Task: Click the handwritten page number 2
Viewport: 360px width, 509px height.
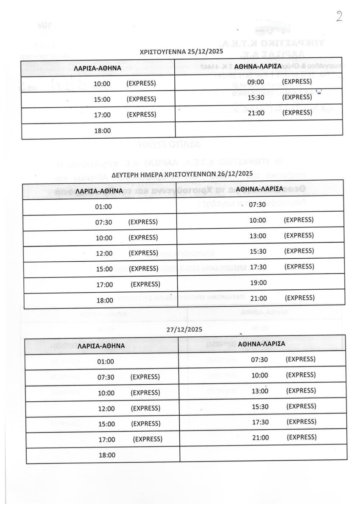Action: tap(339, 16)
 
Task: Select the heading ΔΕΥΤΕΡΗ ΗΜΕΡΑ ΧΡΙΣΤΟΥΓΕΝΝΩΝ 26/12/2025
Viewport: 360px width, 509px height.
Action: tap(182, 174)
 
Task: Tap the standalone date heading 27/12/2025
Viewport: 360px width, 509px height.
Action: tap(184, 329)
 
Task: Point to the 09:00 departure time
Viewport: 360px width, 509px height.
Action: tap(256, 81)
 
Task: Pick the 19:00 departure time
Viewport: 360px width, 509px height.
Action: tap(258, 282)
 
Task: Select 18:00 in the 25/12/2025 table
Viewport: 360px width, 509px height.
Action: tap(102, 131)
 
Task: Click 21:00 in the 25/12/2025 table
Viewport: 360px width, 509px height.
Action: tap(256, 113)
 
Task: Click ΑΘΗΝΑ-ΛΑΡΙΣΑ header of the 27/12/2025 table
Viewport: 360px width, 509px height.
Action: tap(261, 344)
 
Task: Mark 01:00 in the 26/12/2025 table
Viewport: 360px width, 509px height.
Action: tap(104, 207)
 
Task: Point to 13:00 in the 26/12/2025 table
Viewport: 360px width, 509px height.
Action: tap(258, 236)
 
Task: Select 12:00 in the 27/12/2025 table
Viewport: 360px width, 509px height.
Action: tap(106, 408)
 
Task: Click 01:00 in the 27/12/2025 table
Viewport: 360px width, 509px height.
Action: tap(106, 362)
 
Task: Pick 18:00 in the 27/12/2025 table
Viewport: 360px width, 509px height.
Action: tap(106, 455)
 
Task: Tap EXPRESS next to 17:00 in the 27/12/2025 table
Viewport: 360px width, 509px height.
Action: tap(147, 439)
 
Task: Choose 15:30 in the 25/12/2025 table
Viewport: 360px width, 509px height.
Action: tap(256, 98)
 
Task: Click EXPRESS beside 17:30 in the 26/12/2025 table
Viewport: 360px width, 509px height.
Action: tap(299, 266)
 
